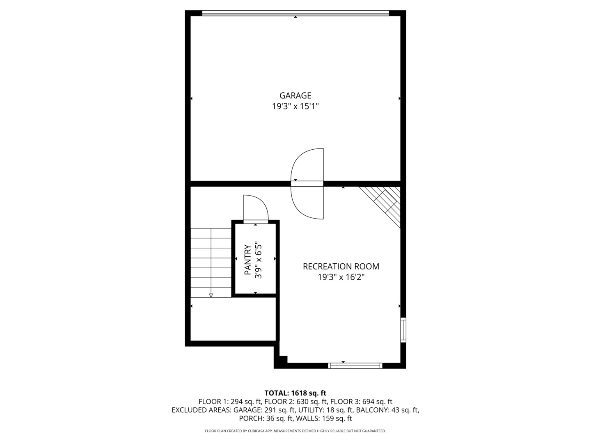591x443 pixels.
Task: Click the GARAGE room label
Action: click(295, 96)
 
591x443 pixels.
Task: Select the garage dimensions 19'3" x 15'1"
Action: click(295, 107)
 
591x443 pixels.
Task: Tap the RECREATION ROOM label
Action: click(341, 267)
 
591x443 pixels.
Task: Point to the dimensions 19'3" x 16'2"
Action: click(341, 277)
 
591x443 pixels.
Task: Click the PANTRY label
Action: click(247, 260)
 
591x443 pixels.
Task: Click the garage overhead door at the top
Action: click(295, 13)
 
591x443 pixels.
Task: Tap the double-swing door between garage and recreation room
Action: click(307, 183)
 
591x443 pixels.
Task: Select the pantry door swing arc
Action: click(255, 208)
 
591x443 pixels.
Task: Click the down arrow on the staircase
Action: click(211, 294)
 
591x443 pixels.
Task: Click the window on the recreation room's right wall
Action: click(403, 330)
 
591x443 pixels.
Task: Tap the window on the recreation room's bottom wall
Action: click(355, 365)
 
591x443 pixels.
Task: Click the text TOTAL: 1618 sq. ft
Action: click(295, 393)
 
